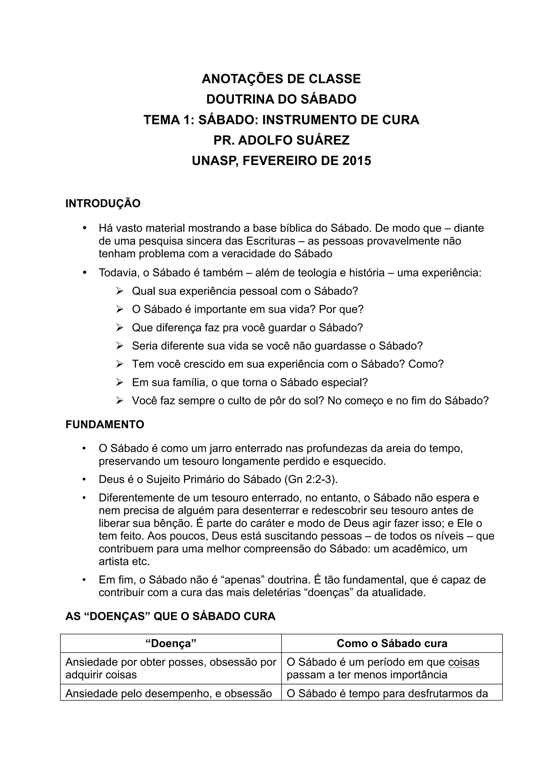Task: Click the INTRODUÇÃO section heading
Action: coord(103,204)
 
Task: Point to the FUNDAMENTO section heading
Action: coord(105,425)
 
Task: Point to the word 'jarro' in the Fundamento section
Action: coord(220,449)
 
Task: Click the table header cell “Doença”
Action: coord(171,644)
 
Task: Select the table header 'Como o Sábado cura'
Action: coord(392,644)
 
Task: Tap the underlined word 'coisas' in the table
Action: coord(464,662)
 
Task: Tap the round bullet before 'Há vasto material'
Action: coord(85,228)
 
